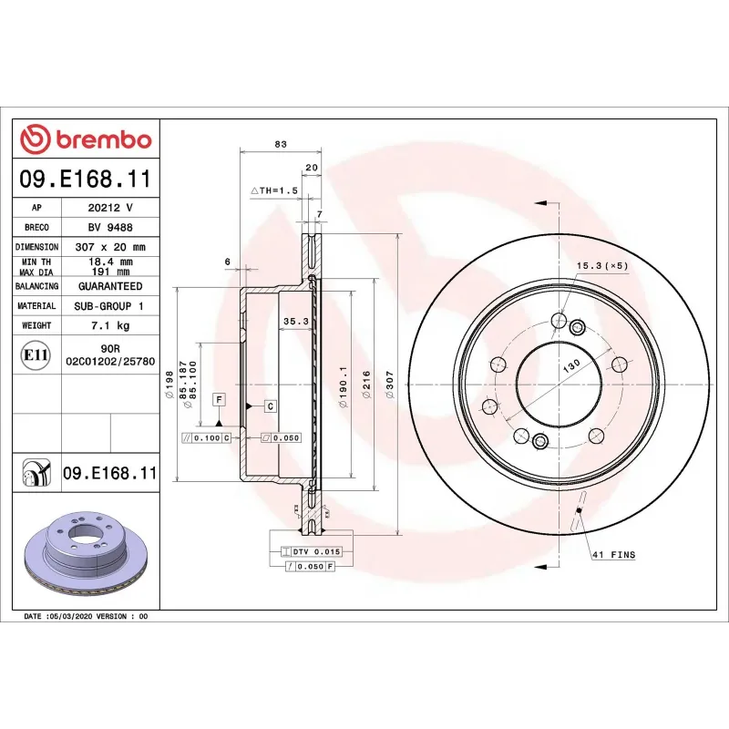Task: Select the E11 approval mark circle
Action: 35,355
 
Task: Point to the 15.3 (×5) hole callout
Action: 602,265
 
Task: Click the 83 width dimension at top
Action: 281,143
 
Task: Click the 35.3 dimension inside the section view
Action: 296,321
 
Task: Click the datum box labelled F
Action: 219,399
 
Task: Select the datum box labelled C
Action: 272,404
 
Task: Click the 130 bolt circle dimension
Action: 571,364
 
